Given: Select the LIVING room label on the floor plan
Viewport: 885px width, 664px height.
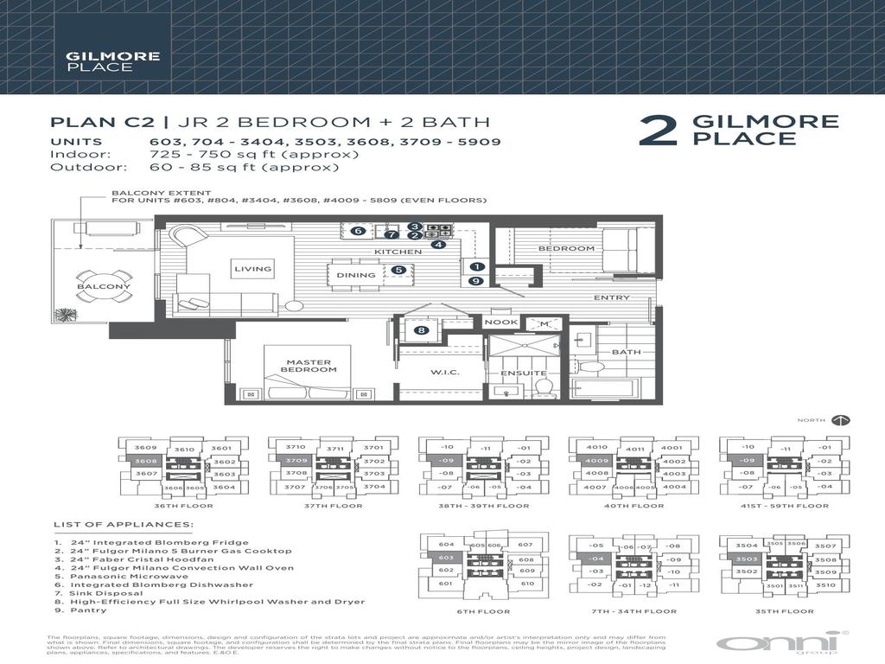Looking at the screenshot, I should (252, 269).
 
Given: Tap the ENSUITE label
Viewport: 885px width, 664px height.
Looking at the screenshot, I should (519, 373).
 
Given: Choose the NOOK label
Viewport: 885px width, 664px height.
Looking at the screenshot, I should (500, 322).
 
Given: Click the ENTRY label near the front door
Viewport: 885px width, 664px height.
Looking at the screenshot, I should (609, 297).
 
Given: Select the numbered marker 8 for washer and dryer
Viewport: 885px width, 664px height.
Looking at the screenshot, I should (421, 329).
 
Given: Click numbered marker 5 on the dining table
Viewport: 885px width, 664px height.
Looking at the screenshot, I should (398, 270).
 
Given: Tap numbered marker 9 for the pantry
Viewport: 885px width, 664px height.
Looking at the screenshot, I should (475, 280).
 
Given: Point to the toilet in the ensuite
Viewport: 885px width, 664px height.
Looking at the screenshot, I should (543, 386).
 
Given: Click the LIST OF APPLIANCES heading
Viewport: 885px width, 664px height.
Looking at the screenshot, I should (124, 524).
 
